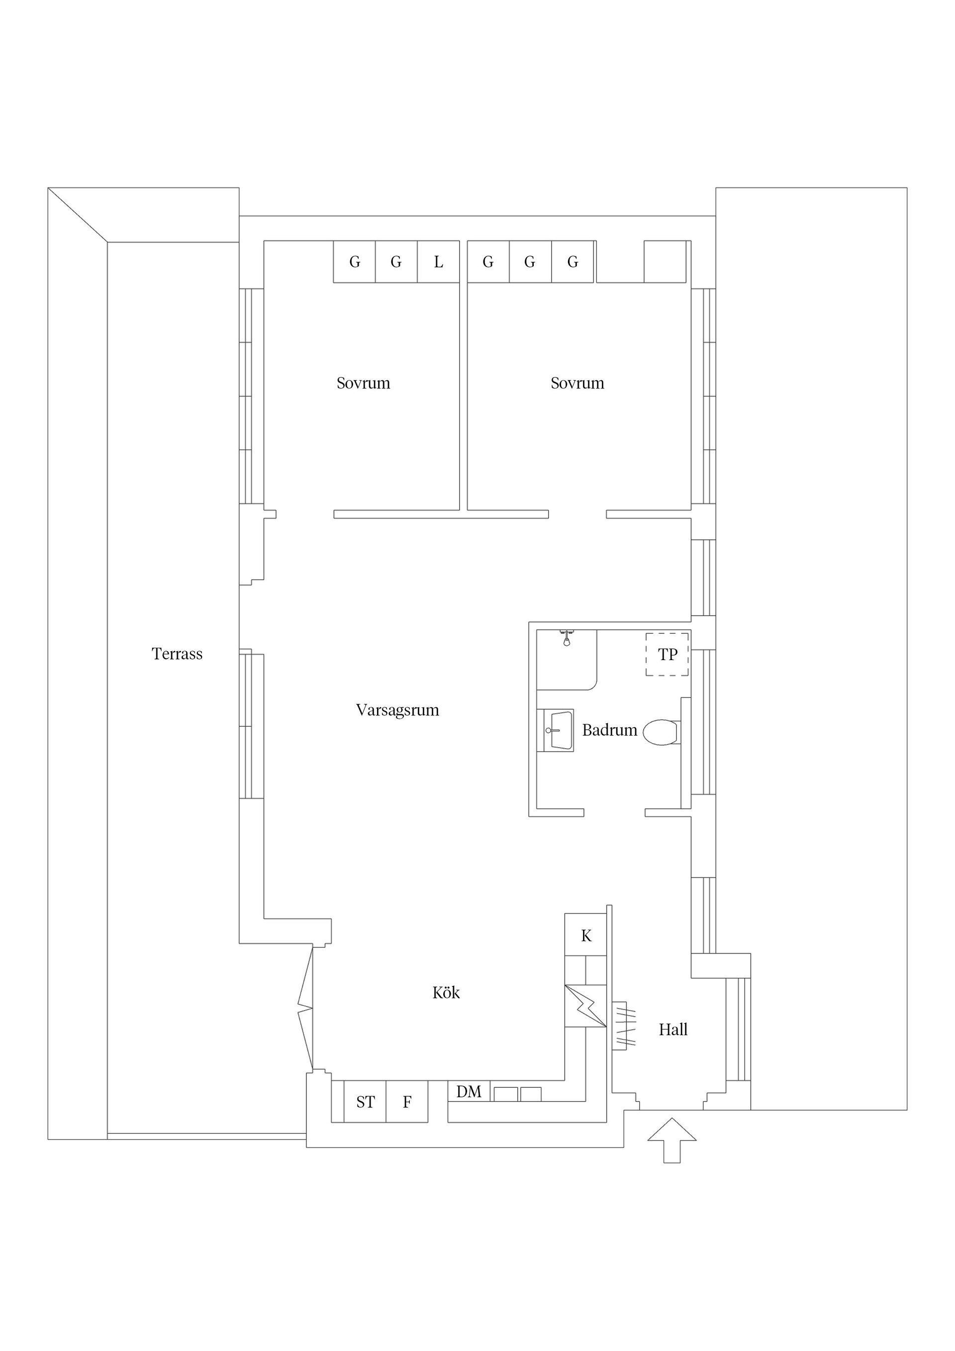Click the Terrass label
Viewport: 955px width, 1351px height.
pos(177,654)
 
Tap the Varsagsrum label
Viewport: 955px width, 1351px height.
pos(397,710)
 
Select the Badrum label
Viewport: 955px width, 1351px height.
pos(610,730)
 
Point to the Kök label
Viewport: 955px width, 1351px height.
pos(446,993)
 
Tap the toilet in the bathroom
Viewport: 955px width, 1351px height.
pos(662,732)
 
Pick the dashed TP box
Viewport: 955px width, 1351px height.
pos(668,654)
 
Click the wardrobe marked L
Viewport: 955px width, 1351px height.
pos(438,262)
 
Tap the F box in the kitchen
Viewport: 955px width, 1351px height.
pos(406,1102)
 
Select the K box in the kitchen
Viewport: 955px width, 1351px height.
pos(585,936)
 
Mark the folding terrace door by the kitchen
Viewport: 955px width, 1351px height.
pos(305,1010)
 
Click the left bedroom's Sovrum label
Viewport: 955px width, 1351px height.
pos(363,383)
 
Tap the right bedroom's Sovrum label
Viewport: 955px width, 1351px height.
pos(577,383)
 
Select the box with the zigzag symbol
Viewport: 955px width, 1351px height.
pos(585,1006)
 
